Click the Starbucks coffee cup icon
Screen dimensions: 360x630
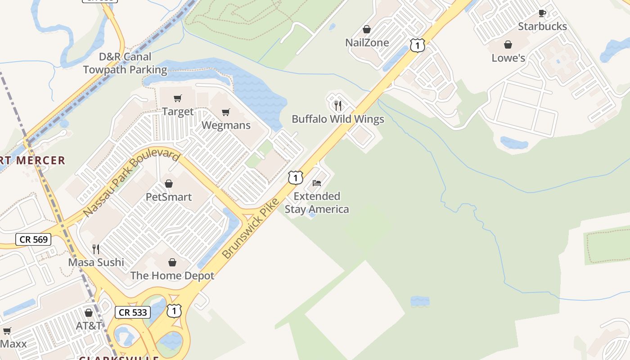[542, 13]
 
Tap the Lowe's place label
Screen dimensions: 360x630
[508, 58]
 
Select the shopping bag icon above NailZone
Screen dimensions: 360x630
[367, 29]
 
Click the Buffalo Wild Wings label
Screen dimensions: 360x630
[338, 119]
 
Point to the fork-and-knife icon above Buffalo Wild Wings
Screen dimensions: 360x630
[338, 106]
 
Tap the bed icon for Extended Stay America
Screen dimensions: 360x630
[317, 183]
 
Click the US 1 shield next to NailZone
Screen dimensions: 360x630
[417, 45]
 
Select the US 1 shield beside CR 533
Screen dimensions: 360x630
[174, 310]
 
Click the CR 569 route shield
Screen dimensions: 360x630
[34, 239]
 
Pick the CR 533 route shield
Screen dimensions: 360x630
[133, 312]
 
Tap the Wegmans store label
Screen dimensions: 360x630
[226, 125]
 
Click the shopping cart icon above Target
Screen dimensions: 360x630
[178, 98]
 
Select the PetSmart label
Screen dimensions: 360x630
[169, 197]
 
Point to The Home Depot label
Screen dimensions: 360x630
[172, 275]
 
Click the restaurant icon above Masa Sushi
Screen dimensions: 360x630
[96, 249]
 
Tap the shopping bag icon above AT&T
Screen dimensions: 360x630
[89, 312]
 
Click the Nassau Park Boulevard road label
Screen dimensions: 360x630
[132, 183]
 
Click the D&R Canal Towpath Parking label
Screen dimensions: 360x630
[125, 63]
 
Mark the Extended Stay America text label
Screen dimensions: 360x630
[317, 203]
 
